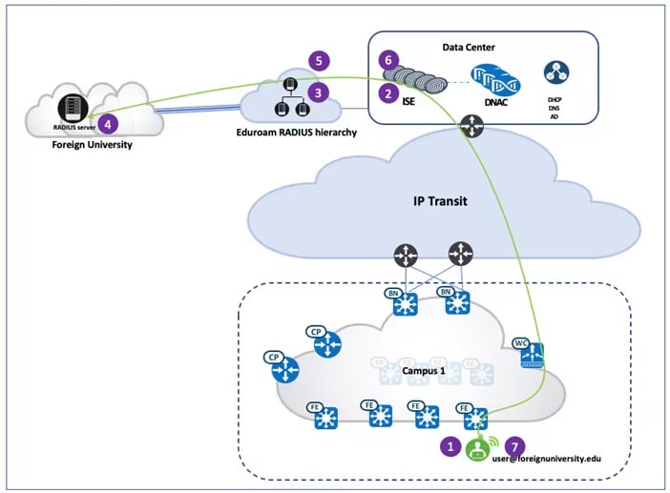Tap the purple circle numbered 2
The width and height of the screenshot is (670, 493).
click(387, 93)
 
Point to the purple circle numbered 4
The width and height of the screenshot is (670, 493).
click(109, 123)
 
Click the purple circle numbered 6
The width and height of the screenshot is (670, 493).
click(387, 60)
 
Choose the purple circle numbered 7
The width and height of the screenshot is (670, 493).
click(514, 445)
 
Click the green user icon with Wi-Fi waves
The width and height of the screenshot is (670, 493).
click(476, 448)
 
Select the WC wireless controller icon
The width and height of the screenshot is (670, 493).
click(532, 355)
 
